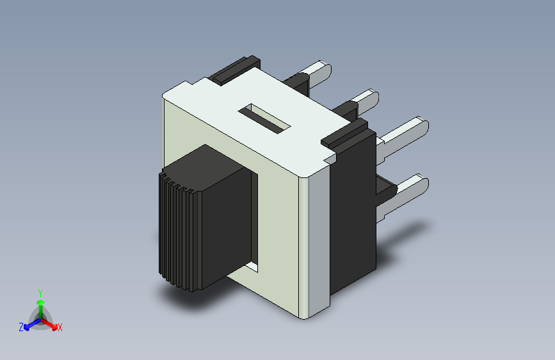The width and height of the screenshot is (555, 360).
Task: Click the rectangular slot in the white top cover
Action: click(x=264, y=119)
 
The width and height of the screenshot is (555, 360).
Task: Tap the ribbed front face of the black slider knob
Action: click(x=180, y=231)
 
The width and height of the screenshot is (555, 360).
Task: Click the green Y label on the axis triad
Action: click(x=40, y=293)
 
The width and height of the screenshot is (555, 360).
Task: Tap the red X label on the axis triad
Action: click(x=60, y=328)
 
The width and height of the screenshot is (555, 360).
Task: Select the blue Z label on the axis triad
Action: click(x=21, y=327)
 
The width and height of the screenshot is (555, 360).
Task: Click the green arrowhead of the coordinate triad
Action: click(x=41, y=303)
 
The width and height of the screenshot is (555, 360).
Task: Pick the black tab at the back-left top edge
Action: click(x=234, y=70)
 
